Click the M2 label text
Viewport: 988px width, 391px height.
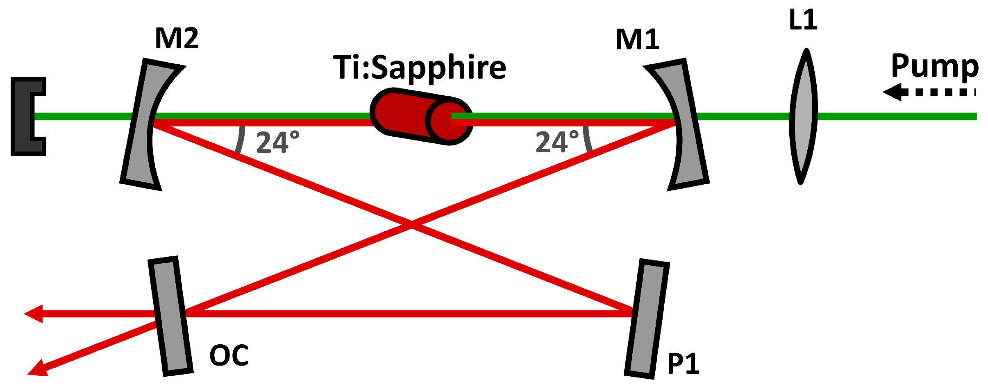(177, 38)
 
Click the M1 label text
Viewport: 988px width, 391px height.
(637, 40)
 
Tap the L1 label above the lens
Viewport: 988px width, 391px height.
(803, 20)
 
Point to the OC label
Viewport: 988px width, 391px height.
(229, 355)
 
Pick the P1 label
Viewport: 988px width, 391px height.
(683, 363)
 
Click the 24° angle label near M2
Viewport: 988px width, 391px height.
(277, 142)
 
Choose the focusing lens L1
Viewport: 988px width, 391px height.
(803, 117)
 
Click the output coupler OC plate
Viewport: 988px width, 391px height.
(170, 316)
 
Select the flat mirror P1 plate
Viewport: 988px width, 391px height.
(647, 319)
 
